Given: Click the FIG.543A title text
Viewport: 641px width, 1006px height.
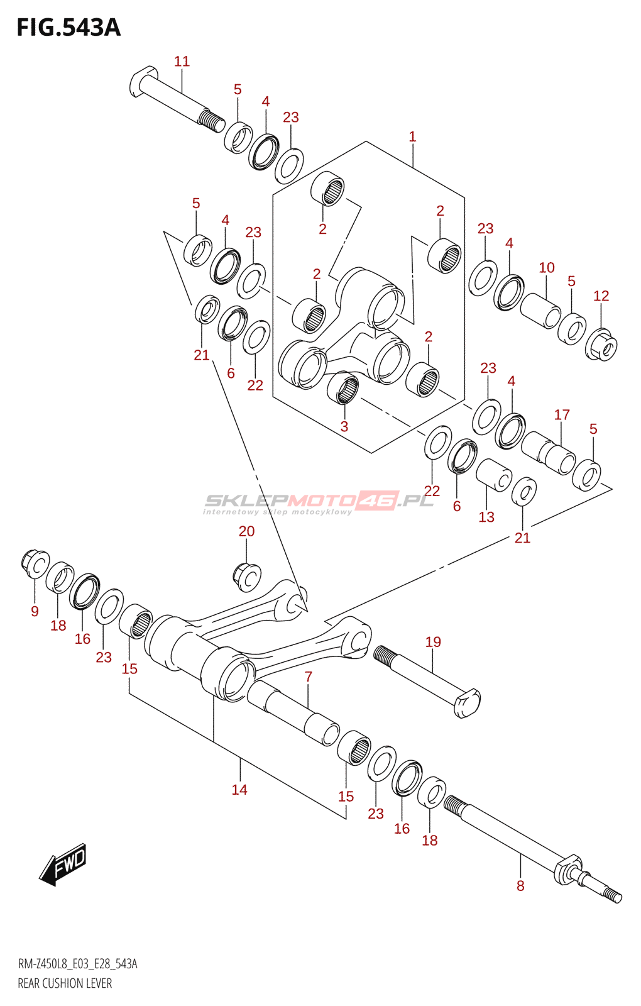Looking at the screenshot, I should (x=68, y=28).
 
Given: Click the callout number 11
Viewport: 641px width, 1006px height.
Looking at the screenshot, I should (x=182, y=62).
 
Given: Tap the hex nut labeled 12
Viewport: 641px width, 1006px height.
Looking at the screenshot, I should (x=601, y=345).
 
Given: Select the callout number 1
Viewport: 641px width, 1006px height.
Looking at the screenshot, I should (x=412, y=136).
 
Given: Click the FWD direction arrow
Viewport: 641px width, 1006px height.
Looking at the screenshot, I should (x=63, y=865).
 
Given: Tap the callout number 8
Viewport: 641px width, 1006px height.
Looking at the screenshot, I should (x=520, y=886).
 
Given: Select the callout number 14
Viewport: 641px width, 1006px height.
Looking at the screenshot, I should (x=239, y=790).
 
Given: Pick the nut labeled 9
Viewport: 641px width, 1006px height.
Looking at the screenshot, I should (x=35, y=563).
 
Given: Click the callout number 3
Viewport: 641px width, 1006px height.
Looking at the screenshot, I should (x=344, y=426).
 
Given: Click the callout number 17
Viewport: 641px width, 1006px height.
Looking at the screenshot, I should (x=562, y=415).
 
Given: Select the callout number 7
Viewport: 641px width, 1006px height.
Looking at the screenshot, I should (x=309, y=677).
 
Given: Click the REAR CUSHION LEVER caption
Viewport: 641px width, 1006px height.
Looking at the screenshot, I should (x=65, y=983).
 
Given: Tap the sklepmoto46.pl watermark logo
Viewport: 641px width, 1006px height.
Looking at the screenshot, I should (x=319, y=502).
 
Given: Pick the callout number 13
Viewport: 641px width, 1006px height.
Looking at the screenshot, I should (x=486, y=517).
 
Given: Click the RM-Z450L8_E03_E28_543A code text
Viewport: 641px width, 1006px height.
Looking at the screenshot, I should (x=77, y=965).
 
